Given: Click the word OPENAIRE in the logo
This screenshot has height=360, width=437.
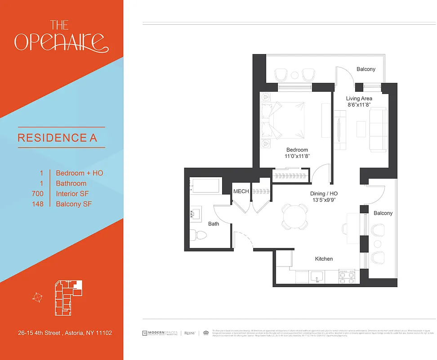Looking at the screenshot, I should coord(61,42).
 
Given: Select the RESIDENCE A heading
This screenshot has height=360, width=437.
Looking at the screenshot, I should coord(57,138).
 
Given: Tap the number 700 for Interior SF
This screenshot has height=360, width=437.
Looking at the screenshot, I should coord(38,193).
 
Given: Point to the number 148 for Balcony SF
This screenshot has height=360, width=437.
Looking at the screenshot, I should coord(38,204).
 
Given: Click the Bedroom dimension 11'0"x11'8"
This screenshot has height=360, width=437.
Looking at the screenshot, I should coord(297,156).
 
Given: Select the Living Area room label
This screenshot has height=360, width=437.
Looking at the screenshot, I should coord(359,98).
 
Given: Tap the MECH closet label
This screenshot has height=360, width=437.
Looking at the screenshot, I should coord(241,192).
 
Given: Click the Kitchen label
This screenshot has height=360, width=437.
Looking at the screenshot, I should coord(324,259).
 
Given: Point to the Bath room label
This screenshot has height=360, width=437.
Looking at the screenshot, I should coord(214,224).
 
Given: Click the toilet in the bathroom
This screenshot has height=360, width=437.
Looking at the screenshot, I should coord(198,235).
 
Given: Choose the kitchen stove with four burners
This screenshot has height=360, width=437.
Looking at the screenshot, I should coord(347,276).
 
